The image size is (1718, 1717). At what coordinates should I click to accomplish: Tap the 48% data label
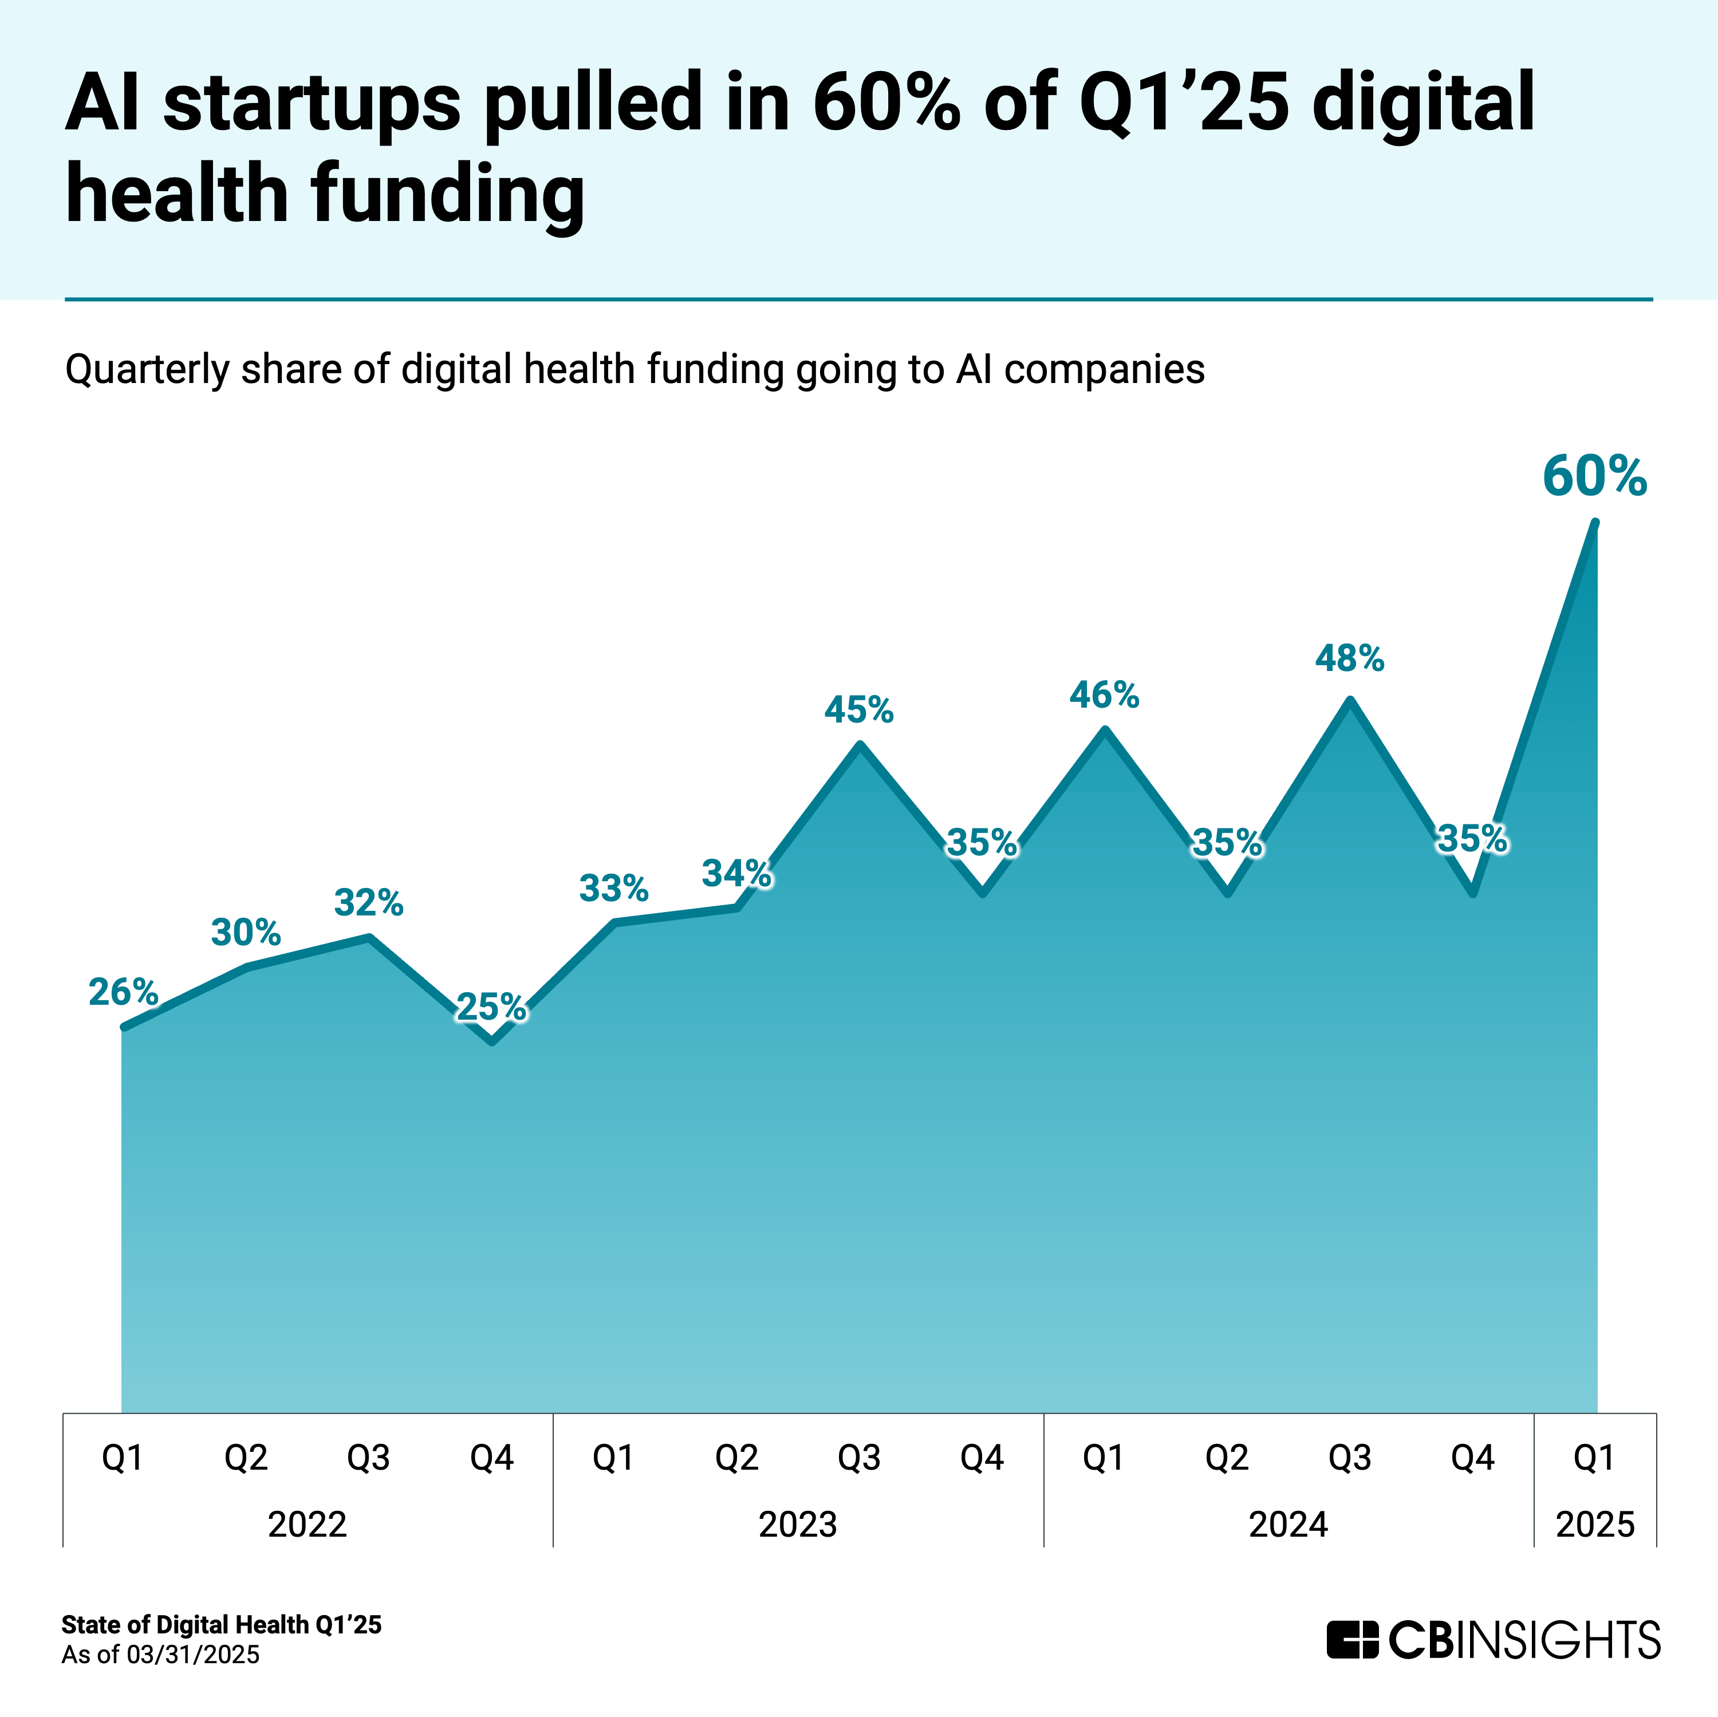point(1350,659)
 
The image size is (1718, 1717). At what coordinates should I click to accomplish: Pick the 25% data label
point(491,1008)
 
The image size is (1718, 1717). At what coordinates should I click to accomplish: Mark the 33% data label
point(613,889)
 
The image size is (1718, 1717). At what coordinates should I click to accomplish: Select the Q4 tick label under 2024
point(1472,1458)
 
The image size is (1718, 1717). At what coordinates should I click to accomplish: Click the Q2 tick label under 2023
point(736,1458)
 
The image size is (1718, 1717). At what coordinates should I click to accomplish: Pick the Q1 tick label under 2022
point(123,1458)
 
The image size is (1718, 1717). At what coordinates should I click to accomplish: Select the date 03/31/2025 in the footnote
point(193,1655)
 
